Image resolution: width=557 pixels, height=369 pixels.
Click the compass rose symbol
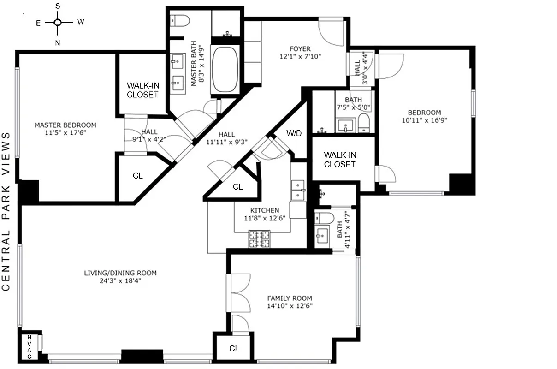click(58, 22)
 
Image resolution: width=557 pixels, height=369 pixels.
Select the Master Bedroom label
click(65, 125)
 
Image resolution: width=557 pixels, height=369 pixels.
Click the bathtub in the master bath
click(225, 69)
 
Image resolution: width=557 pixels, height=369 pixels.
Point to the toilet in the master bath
click(180, 21)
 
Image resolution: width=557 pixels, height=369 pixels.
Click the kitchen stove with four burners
click(260, 238)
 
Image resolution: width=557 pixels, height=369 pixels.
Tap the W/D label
click(294, 134)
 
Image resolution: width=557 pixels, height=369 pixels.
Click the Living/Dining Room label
click(120, 273)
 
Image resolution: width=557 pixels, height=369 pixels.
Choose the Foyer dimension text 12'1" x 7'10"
click(300, 57)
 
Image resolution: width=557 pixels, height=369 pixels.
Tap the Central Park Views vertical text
click(6, 211)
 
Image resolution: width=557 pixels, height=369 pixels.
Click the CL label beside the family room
click(234, 349)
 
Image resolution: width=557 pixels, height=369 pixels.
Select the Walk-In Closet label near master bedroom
click(142, 90)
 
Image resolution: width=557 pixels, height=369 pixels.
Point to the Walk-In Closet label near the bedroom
click(339, 160)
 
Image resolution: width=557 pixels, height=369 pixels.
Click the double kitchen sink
click(298, 190)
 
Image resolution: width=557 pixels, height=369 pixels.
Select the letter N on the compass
click(58, 43)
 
